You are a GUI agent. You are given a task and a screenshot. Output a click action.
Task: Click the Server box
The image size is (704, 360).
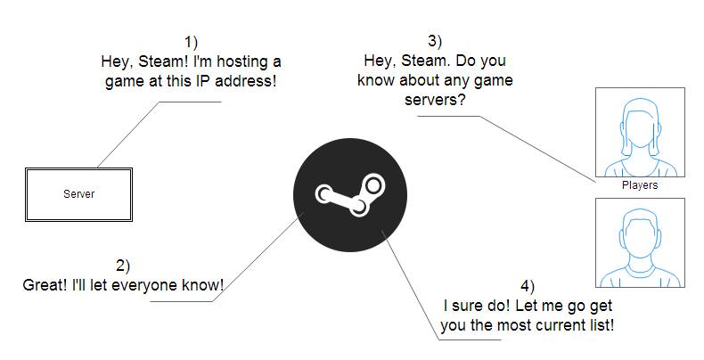point(78,193)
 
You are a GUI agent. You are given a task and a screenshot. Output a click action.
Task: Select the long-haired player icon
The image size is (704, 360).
point(640,133)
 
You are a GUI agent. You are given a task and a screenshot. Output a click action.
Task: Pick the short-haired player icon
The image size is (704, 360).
point(640,242)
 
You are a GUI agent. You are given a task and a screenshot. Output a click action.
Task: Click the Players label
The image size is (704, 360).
point(640,185)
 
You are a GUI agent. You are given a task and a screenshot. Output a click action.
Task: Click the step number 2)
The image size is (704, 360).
point(123,266)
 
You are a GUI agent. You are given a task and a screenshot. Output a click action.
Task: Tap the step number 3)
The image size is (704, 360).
point(434,40)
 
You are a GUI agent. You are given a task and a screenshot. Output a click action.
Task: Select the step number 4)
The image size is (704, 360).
point(528,285)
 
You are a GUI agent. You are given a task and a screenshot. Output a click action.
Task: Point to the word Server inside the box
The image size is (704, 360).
point(78,193)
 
